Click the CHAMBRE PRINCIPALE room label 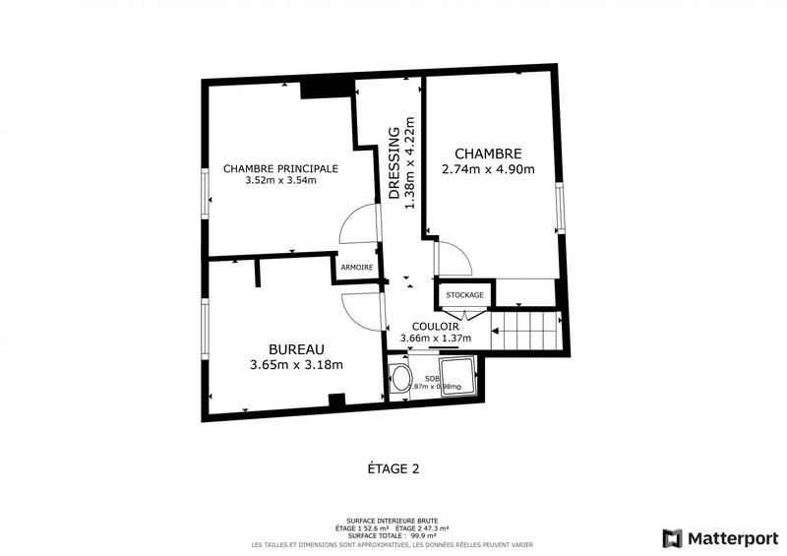tap(280, 168)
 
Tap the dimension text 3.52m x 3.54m tap(280, 180)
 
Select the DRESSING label tap(393, 163)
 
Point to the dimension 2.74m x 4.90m tap(494, 169)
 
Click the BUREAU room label tap(296, 349)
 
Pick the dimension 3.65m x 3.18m tap(296, 365)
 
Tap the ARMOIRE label tap(356, 268)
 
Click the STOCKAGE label tap(464, 295)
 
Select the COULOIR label tap(436, 327)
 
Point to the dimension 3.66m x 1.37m tap(436, 339)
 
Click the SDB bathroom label tap(432, 378)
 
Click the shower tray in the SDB tap(458, 378)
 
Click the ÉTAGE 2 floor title tap(393, 469)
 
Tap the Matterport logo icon tap(673, 538)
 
